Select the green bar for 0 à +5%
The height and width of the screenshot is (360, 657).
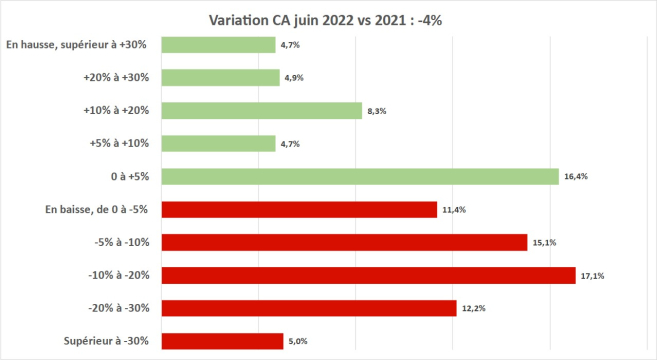click(x=360, y=177)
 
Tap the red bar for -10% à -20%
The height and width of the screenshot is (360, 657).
click(x=368, y=275)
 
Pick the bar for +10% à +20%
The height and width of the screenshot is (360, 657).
click(x=261, y=111)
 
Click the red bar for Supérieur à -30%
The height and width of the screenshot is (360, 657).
click(x=222, y=341)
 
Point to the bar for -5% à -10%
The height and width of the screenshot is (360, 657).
click(x=344, y=242)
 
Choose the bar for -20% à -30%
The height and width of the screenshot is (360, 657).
click(x=309, y=308)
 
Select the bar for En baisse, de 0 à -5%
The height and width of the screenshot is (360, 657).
click(x=299, y=209)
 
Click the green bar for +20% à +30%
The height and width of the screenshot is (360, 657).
click(x=220, y=78)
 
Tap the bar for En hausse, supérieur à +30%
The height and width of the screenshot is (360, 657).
click(x=218, y=45)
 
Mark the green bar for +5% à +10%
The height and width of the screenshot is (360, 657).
click(x=218, y=144)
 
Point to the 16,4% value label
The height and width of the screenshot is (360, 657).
click(x=575, y=177)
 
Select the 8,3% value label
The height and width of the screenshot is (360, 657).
click(x=377, y=111)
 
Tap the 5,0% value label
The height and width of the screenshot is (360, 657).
click(x=298, y=341)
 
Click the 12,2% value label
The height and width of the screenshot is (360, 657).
click(x=472, y=308)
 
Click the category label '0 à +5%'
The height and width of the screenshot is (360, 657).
click(x=128, y=177)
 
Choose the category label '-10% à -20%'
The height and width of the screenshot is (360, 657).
click(x=115, y=275)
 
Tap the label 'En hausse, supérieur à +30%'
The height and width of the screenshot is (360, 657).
click(x=78, y=45)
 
